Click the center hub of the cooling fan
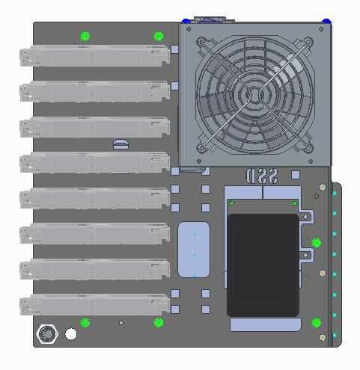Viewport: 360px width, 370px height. tap(255, 94)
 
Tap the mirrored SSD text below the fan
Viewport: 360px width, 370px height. tap(262, 176)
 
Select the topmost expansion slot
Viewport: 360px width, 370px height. tap(94, 56)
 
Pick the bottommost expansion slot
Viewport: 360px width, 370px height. tap(94, 304)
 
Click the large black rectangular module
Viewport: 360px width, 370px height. tap(263, 265)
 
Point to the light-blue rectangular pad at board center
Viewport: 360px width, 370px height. tap(194, 249)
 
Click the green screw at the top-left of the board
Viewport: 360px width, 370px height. tap(85, 36)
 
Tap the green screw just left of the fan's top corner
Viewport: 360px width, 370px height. tap(158, 36)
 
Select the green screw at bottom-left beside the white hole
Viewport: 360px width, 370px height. tap(85, 323)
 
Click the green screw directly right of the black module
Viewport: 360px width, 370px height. tap(316, 243)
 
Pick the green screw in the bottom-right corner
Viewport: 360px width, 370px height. tap(316, 323)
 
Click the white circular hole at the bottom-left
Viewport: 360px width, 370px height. tap(70, 333)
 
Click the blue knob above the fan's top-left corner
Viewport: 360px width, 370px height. tap(186, 20)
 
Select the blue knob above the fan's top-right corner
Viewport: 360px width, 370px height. tap(326, 20)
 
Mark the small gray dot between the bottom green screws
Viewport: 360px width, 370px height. tap(120, 323)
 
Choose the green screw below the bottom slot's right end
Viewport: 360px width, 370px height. tap(158, 323)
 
